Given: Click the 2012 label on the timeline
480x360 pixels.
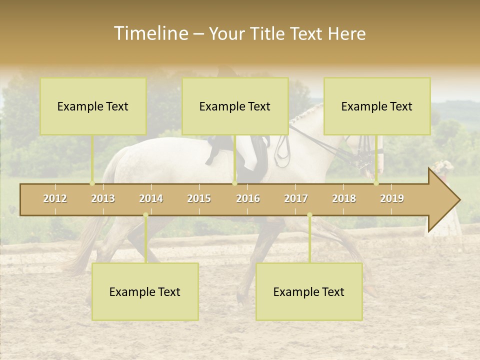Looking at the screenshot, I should [55, 198].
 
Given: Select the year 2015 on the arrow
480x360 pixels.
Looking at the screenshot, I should [199, 198].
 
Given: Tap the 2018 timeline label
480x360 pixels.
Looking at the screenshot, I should [344, 198].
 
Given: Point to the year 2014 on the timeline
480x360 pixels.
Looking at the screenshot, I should [151, 198].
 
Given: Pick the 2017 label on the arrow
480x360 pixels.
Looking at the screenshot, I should [296, 198].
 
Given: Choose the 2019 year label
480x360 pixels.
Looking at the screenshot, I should [392, 198].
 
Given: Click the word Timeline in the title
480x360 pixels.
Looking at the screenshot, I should [150, 33].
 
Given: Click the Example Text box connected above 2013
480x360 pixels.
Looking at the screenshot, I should [93, 106].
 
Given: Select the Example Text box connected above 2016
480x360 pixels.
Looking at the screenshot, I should [235, 106].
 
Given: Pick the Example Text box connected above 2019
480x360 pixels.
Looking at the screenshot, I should [377, 106].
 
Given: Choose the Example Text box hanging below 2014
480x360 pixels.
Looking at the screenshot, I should [145, 292].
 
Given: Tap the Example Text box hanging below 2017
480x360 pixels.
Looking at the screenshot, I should [309, 292].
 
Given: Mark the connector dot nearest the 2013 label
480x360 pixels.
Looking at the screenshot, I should [92, 183].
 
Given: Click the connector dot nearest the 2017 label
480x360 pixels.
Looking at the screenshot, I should [309, 215].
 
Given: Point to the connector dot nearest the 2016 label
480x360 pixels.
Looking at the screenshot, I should [234, 183].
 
